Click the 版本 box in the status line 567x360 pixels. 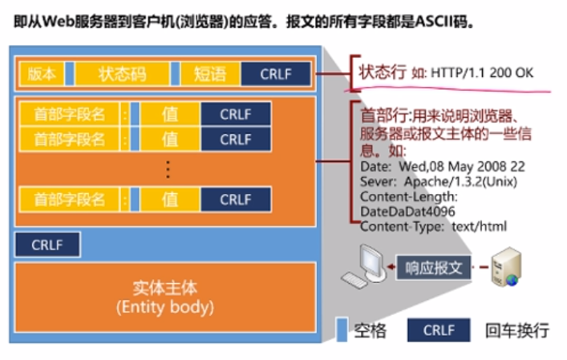(41, 74)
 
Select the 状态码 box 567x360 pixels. (122, 74)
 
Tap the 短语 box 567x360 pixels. (209, 74)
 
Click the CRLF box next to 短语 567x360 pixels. (277, 74)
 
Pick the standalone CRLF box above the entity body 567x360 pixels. (47, 245)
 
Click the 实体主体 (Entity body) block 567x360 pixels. (164, 297)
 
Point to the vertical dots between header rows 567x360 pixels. (168, 168)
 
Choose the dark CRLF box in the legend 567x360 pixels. (438, 330)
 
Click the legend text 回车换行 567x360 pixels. (516, 330)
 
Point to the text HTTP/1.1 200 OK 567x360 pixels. (481, 72)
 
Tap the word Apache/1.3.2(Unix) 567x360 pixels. (457, 182)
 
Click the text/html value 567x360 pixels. (479, 226)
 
